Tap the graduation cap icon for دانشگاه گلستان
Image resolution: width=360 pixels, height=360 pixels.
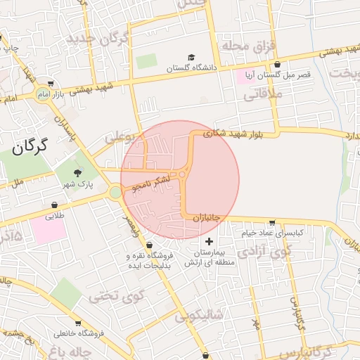point(191,58)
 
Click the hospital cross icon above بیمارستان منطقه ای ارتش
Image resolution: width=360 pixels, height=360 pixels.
point(209,241)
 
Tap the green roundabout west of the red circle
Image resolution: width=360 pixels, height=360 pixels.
point(115,192)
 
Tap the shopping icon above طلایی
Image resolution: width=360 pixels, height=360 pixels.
point(54,205)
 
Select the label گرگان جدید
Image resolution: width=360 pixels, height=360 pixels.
point(98,37)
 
